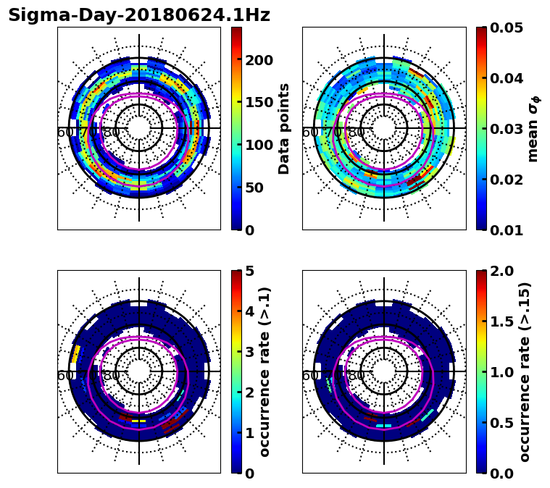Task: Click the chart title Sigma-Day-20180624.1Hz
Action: (139, 15)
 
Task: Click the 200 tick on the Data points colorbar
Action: (258, 60)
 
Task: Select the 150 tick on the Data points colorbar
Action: (258, 103)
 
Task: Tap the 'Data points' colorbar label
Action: (284, 128)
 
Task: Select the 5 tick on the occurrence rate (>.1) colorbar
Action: (249, 271)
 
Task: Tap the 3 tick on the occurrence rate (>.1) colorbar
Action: (249, 352)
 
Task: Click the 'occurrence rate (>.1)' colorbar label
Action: (264, 371)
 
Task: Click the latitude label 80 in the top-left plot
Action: (112, 133)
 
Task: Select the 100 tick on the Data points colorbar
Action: (258, 145)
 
